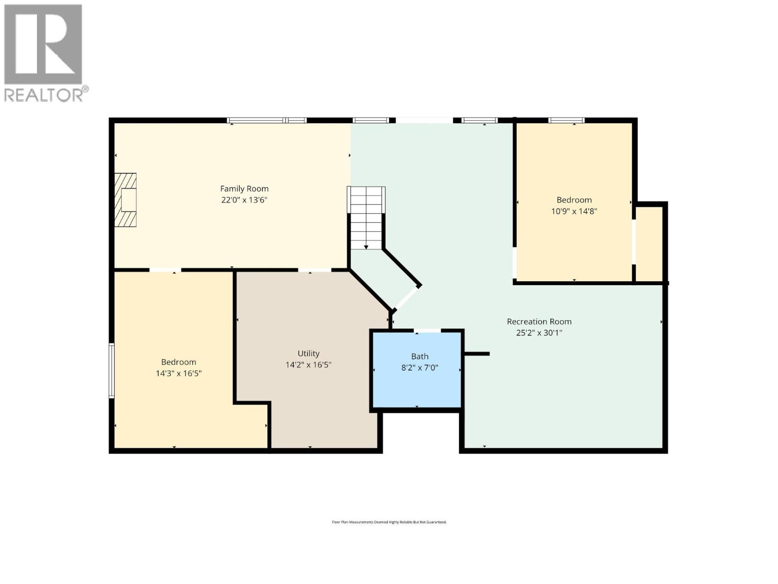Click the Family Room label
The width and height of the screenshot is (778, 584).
pyautogui.click(x=244, y=189)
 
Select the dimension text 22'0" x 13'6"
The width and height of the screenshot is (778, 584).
pyautogui.click(x=244, y=200)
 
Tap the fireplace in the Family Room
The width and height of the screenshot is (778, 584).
pyautogui.click(x=125, y=200)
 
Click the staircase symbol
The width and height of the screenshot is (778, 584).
pyautogui.click(x=366, y=218)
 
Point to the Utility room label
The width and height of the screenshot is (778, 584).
pyautogui.click(x=308, y=354)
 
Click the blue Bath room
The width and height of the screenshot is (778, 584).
pyautogui.click(x=417, y=384)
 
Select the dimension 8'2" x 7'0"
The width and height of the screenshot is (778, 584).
pyautogui.click(x=419, y=368)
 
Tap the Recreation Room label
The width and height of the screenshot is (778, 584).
pyautogui.click(x=539, y=322)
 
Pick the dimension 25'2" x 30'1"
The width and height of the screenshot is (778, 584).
pyautogui.click(x=539, y=333)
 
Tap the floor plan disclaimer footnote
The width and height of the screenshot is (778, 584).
pyautogui.click(x=389, y=522)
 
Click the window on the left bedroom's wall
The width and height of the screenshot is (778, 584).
pyautogui.click(x=111, y=370)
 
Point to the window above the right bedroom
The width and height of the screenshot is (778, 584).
pyautogui.click(x=566, y=120)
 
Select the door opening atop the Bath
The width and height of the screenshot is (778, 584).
pyautogui.click(x=428, y=331)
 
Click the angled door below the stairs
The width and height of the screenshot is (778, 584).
pyautogui.click(x=407, y=298)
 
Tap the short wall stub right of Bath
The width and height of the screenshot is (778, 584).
pyautogui.click(x=477, y=354)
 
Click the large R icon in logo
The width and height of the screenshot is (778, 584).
pyautogui.click(x=43, y=44)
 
